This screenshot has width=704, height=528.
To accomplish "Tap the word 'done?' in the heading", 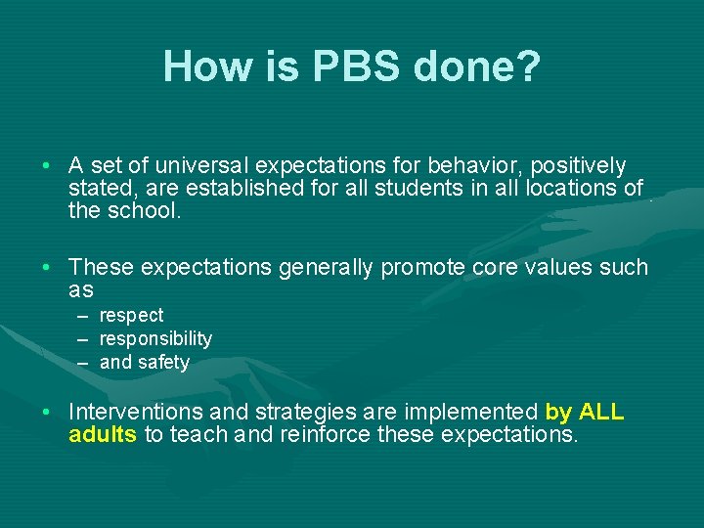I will coord(476,66).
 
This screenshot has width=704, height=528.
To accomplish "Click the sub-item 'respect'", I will coord(131,316).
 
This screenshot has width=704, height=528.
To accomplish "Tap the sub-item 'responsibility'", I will coord(155,339).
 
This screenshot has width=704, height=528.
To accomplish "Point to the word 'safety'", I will coord(163,363).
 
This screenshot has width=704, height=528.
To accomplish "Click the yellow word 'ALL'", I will coord(601,413).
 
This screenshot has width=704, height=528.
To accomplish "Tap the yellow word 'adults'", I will coord(103,434).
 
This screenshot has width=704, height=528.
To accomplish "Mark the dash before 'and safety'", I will coord(83,363).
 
